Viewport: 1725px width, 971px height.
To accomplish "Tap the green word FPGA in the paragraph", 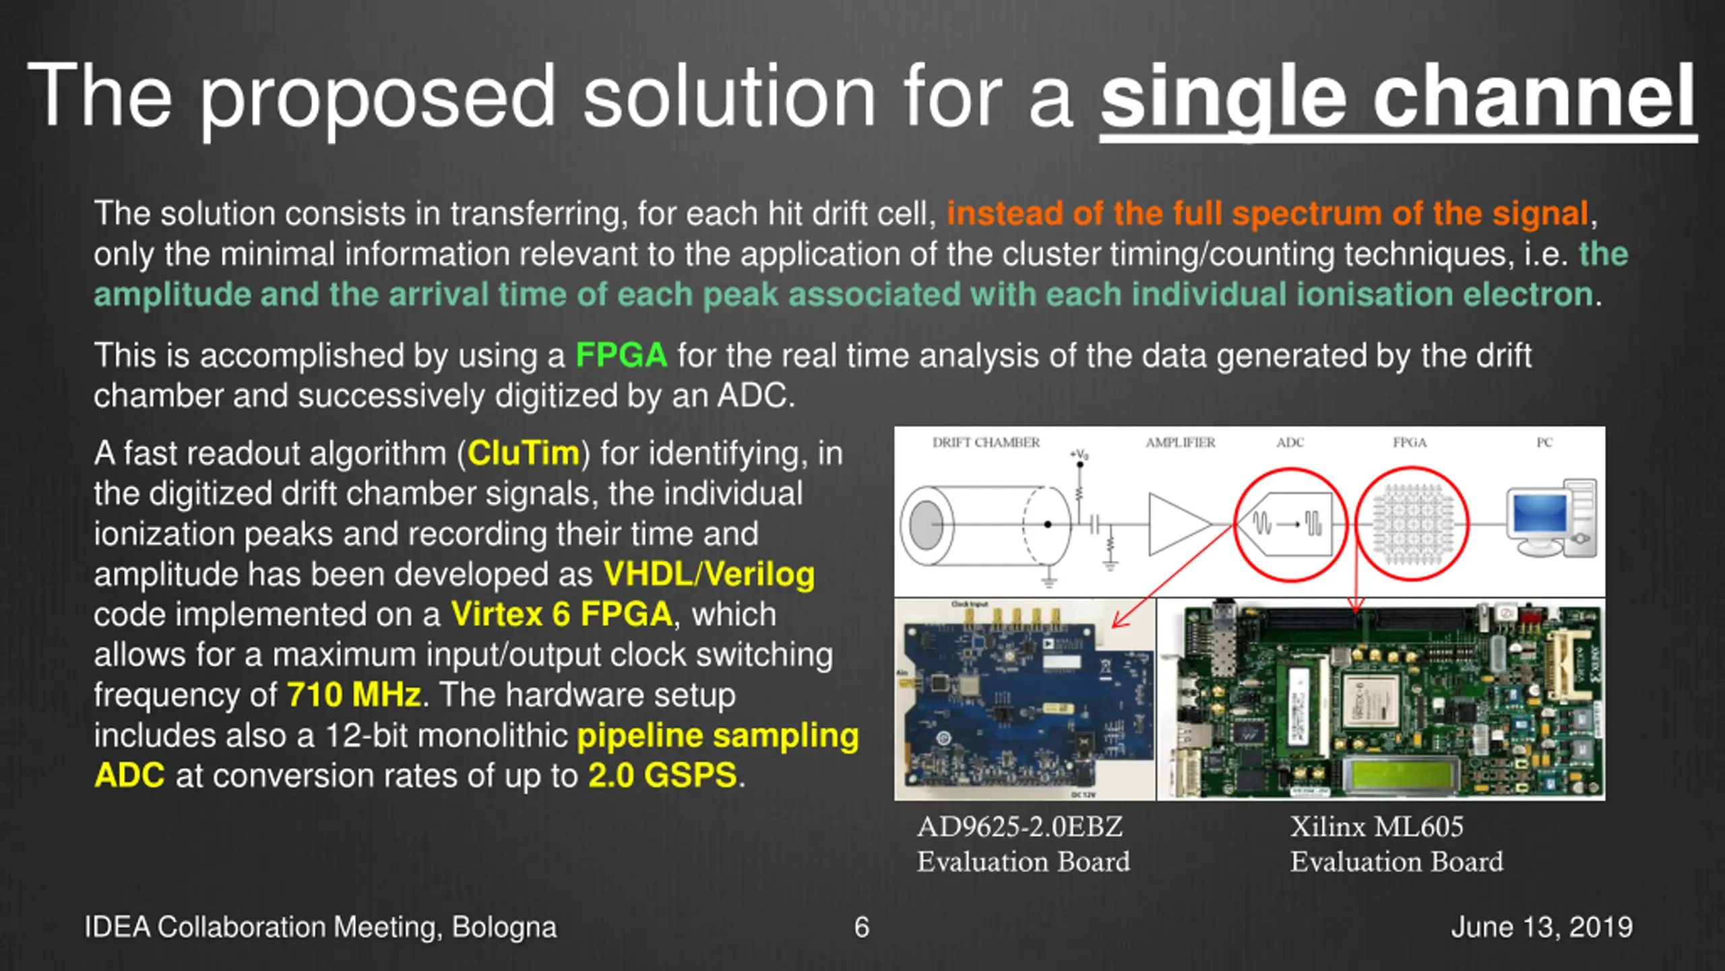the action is pyautogui.click(x=621, y=355).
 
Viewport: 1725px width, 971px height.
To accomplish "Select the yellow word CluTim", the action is pyautogui.click(x=523, y=453).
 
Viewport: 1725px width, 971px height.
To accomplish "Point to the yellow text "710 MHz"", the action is pyautogui.click(x=354, y=695).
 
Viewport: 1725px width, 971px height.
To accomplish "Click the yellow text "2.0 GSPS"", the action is pyautogui.click(x=662, y=776).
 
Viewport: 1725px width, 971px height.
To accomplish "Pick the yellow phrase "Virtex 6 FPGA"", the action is pyautogui.click(x=561, y=614).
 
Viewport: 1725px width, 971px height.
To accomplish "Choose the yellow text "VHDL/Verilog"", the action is pyautogui.click(x=709, y=575).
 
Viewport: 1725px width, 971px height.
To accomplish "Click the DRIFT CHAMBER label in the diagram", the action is pyautogui.click(x=986, y=443).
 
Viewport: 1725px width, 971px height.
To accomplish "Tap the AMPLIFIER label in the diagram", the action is pyautogui.click(x=1180, y=443).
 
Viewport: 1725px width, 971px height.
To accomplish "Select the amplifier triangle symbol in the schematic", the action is pyautogui.click(x=1176, y=524).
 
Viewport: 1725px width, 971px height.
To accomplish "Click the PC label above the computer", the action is pyautogui.click(x=1544, y=443).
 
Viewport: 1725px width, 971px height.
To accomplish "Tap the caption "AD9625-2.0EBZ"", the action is pyautogui.click(x=1020, y=827).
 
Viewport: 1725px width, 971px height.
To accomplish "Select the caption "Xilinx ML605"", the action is pyautogui.click(x=1377, y=827).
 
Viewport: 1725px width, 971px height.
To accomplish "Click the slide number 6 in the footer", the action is pyautogui.click(x=862, y=928).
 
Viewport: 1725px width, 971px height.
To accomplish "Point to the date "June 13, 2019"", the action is pyautogui.click(x=1542, y=928).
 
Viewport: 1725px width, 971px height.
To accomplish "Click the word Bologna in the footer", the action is pyautogui.click(x=504, y=928).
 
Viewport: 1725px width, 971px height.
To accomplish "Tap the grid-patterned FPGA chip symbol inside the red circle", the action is pyautogui.click(x=1411, y=524).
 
